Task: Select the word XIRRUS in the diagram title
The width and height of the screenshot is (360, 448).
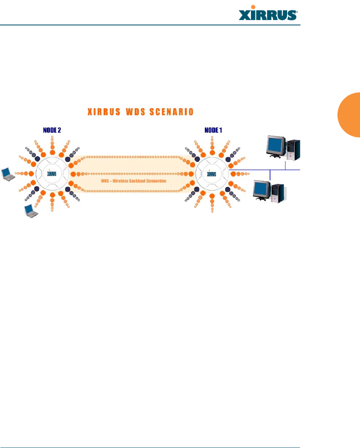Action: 103,112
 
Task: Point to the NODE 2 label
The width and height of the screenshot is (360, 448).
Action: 52,130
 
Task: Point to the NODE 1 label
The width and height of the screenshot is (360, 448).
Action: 213,130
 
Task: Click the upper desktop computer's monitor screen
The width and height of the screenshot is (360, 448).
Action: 276,144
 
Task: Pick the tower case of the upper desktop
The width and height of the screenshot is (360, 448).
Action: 294,149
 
